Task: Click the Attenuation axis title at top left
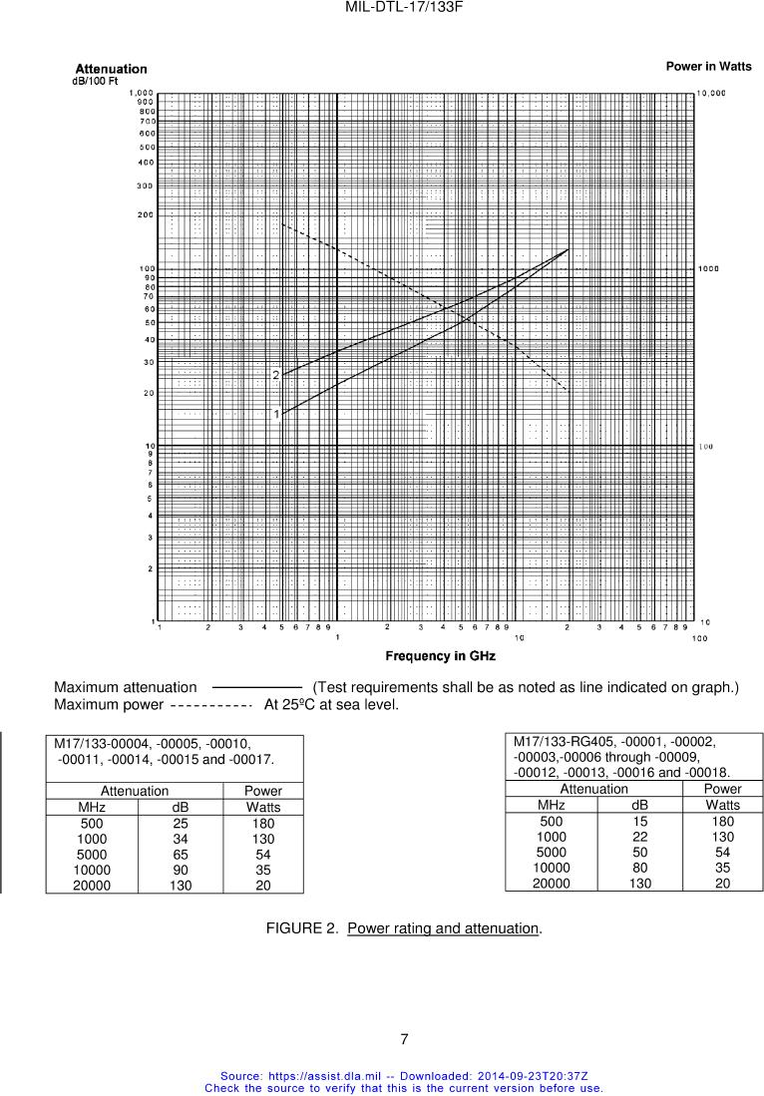coord(111,69)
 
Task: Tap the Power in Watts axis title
coord(708,66)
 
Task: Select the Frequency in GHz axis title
coord(440,656)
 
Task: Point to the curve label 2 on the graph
coord(276,375)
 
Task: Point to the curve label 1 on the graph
coord(276,414)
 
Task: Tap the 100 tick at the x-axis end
coord(699,638)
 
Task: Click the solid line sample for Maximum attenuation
coord(256,687)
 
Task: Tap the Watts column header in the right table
coord(723,805)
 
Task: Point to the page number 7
coord(404,1039)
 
